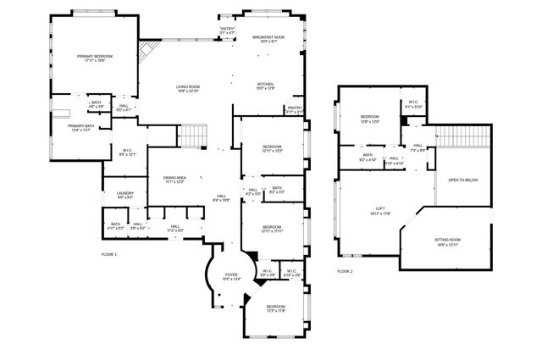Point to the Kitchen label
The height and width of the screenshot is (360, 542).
pyautogui.click(x=267, y=86)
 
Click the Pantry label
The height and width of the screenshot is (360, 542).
pyautogui.click(x=295, y=109)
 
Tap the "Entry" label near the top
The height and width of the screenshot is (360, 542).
pyautogui.click(x=226, y=30)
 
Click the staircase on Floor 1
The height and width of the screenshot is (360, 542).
pyautogui.click(x=194, y=135)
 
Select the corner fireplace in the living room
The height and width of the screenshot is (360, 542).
pyautogui.click(x=147, y=53)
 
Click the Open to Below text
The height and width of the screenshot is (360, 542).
pyautogui.click(x=463, y=180)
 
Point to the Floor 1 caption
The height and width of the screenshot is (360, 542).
pyautogui.click(x=109, y=254)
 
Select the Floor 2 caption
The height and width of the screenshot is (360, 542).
pyautogui.click(x=345, y=271)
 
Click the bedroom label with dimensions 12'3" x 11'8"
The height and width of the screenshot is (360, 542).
pyautogui.click(x=276, y=308)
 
